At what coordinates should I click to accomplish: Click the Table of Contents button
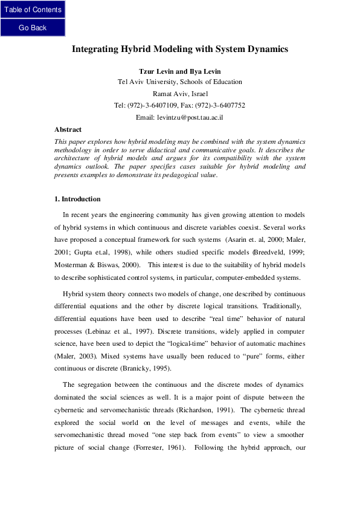(33, 10)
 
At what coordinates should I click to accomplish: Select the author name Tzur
(148, 71)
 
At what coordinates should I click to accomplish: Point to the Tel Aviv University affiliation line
(179, 82)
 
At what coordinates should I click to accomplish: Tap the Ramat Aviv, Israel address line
(179, 94)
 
